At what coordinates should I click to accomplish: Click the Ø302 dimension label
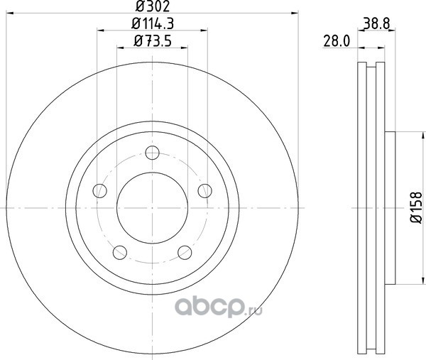[153, 6]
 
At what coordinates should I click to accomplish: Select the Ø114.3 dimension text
[153, 23]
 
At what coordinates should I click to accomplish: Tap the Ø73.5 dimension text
[153, 41]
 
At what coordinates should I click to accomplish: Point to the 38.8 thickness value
[376, 23]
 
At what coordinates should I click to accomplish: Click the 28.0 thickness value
[337, 41]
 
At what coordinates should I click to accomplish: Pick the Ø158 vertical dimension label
[415, 208]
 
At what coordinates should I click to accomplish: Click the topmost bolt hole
[152, 153]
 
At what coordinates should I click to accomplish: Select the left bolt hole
[99, 191]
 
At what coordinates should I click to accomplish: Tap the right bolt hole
[205, 191]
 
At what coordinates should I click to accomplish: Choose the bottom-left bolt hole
[120, 252]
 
